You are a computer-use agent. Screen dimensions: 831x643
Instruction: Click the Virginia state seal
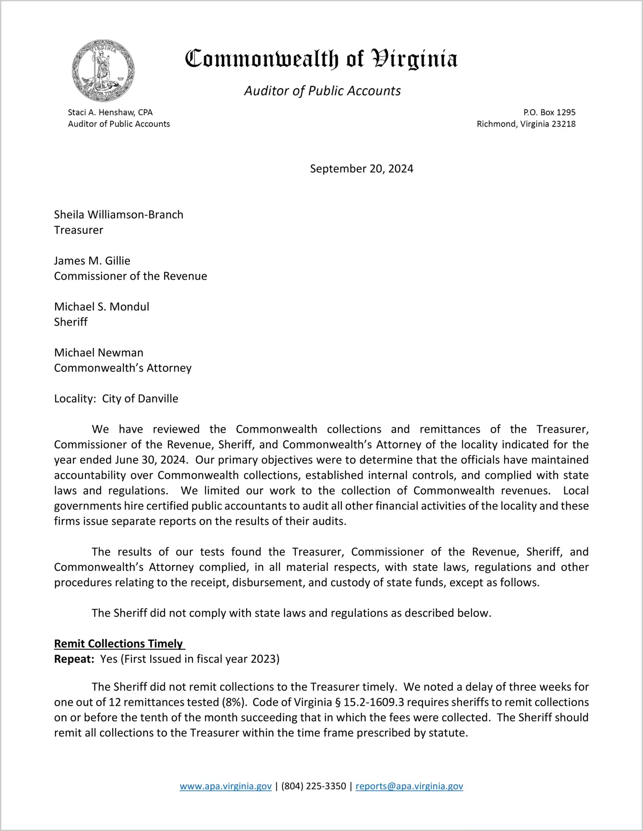tap(103, 71)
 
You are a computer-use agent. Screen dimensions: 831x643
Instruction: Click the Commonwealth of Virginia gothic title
tap(321, 59)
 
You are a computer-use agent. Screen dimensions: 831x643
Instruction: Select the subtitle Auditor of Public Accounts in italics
tap(322, 91)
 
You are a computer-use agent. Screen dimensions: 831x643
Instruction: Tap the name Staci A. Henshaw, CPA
tap(110, 112)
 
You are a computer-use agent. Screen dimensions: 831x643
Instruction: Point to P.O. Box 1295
tap(549, 112)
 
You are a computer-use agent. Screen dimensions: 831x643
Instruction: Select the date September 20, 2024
tap(362, 169)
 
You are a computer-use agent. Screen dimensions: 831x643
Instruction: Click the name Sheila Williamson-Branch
tap(119, 215)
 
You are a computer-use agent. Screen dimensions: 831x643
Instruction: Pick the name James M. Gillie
tap(92, 261)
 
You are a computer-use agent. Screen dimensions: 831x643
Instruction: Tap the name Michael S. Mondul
tap(102, 307)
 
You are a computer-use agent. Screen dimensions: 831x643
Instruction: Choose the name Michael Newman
tap(99, 353)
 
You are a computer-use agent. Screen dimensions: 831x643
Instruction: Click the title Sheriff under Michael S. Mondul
tap(71, 322)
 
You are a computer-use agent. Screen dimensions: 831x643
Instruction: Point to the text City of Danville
tap(140, 399)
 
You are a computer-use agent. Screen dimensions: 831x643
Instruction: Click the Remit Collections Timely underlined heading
tap(119, 644)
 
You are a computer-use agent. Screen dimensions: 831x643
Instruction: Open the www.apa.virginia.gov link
tap(226, 786)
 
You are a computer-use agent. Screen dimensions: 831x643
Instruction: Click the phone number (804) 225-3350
tap(314, 786)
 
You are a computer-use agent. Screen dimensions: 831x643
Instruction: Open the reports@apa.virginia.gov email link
tap(409, 786)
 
